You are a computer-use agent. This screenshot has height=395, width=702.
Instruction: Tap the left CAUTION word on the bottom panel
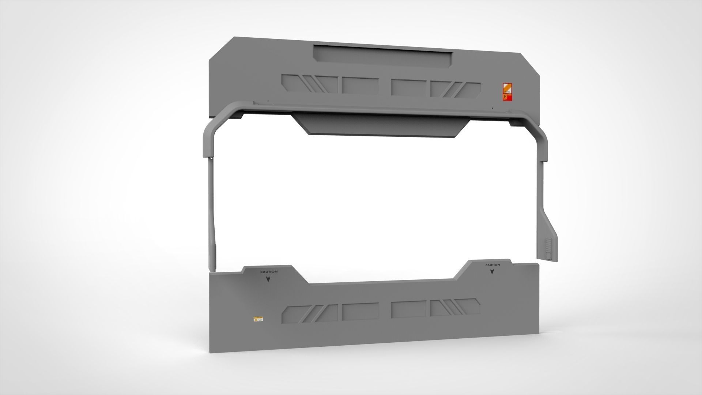click(x=269, y=272)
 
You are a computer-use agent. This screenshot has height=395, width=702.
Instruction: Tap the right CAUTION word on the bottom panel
click(x=492, y=265)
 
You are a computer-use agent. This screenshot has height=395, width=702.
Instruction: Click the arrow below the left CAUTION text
click(x=269, y=279)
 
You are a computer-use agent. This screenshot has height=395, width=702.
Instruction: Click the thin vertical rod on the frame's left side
click(x=212, y=205)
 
